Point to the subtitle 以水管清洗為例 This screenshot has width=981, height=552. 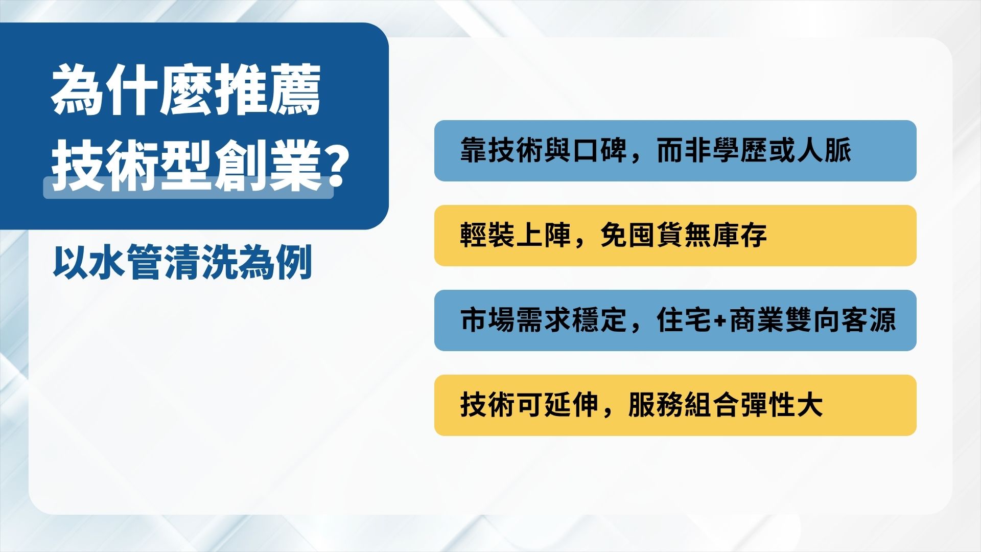coord(183,263)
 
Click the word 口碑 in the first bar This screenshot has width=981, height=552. coord(600,151)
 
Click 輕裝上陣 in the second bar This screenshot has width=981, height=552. coord(516,236)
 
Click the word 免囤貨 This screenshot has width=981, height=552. coord(642,236)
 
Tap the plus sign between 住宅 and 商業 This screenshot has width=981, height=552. coord(721,321)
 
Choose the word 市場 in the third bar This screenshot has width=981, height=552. coord(487,320)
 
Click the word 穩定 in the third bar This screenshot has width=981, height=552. coord(599,320)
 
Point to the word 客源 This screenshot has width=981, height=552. coord(869,320)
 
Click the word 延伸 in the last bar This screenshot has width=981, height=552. coord(571,405)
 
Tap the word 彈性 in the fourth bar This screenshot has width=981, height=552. coord(768,405)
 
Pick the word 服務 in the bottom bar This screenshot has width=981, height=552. coord(656,405)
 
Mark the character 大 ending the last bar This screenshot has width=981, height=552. coord(810,405)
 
